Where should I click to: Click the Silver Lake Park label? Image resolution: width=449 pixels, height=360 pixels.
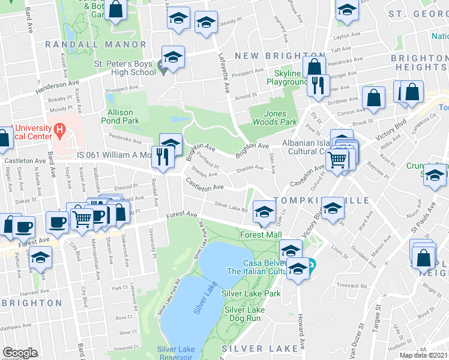pyautogui.click(x=251, y=293)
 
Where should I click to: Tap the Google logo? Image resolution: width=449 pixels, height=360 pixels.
pyautogui.click(x=20, y=353)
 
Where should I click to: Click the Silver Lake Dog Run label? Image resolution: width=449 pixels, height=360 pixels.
pyautogui.click(x=245, y=314)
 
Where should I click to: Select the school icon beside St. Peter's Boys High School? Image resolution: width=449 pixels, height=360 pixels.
pyautogui.click(x=173, y=58)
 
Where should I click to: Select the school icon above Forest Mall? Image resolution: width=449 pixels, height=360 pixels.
pyautogui.click(x=263, y=211)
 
